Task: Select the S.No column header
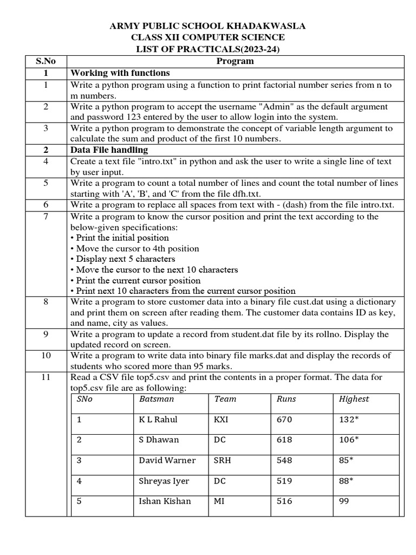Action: click(x=46, y=61)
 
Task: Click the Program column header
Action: click(x=235, y=61)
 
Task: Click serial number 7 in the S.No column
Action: click(x=46, y=217)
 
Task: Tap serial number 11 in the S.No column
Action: click(x=46, y=377)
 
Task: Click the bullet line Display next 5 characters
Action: click(x=122, y=259)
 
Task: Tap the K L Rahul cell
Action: click(x=158, y=420)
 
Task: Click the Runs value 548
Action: click(x=284, y=461)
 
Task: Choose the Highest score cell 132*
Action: click(x=349, y=420)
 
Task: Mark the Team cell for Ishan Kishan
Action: click(x=219, y=501)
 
